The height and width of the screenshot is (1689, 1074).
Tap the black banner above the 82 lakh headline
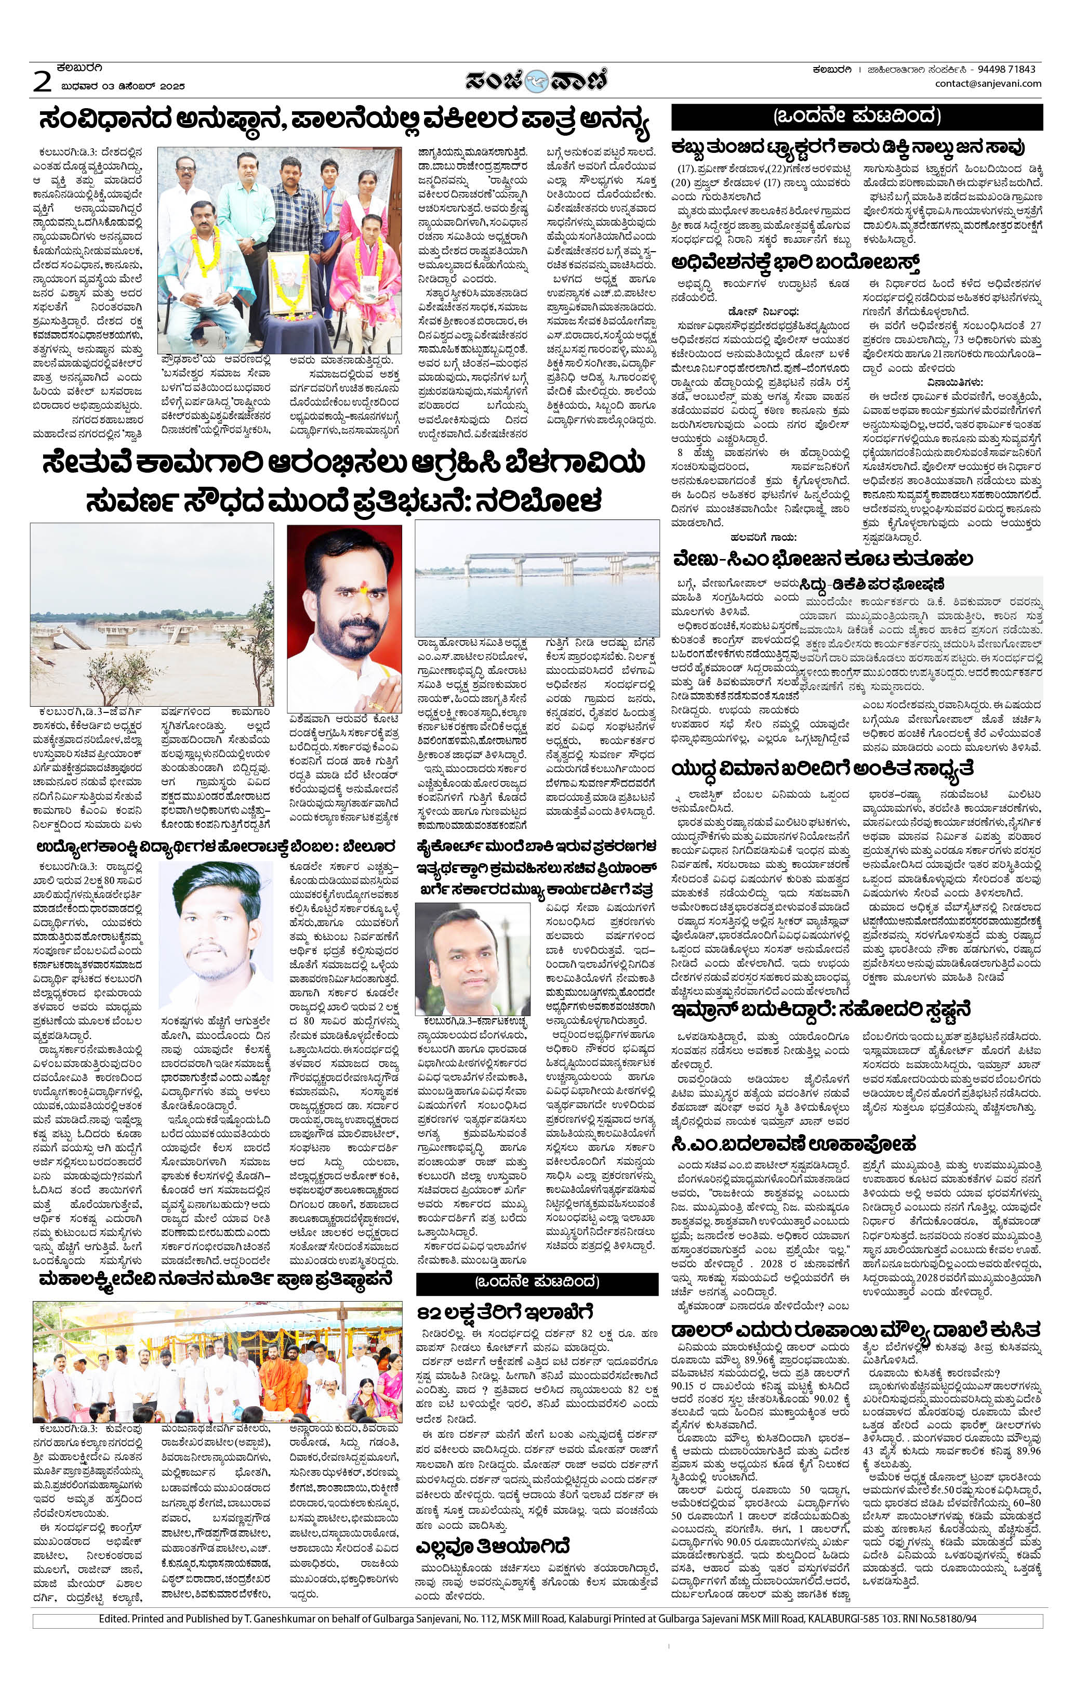tap(537, 1282)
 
